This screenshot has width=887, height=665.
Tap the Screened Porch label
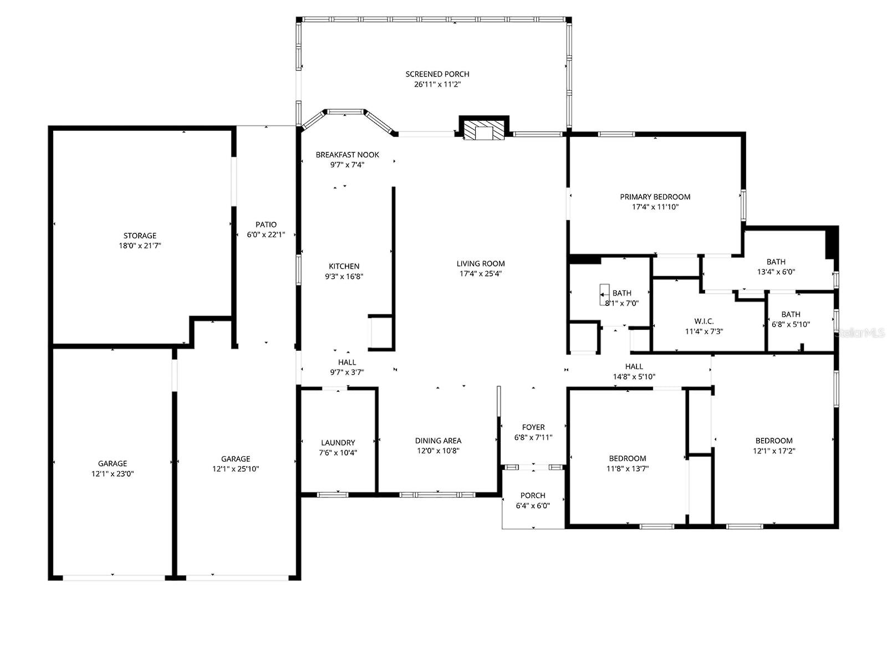437,74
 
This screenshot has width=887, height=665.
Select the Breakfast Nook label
348,155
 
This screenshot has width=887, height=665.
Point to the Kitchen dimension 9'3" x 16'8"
344,277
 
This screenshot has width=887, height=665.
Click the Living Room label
481,264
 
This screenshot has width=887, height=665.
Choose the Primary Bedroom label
655,197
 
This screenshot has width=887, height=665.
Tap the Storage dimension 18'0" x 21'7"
140,245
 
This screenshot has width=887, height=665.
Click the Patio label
266,224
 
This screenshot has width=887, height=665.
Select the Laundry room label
338,443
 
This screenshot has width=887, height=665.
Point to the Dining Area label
438,441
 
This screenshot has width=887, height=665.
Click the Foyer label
533,427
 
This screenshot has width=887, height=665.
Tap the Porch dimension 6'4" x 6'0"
533,505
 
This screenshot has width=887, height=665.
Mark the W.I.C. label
704,321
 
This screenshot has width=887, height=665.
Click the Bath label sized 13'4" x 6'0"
776,262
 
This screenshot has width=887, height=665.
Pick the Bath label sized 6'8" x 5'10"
791,314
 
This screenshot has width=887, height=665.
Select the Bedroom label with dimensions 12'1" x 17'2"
774,441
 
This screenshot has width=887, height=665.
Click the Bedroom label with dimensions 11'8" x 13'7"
628,458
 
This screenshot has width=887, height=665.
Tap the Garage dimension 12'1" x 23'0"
113,474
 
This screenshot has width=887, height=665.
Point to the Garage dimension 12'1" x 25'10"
236,469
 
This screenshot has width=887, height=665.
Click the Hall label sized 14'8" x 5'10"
634,366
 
